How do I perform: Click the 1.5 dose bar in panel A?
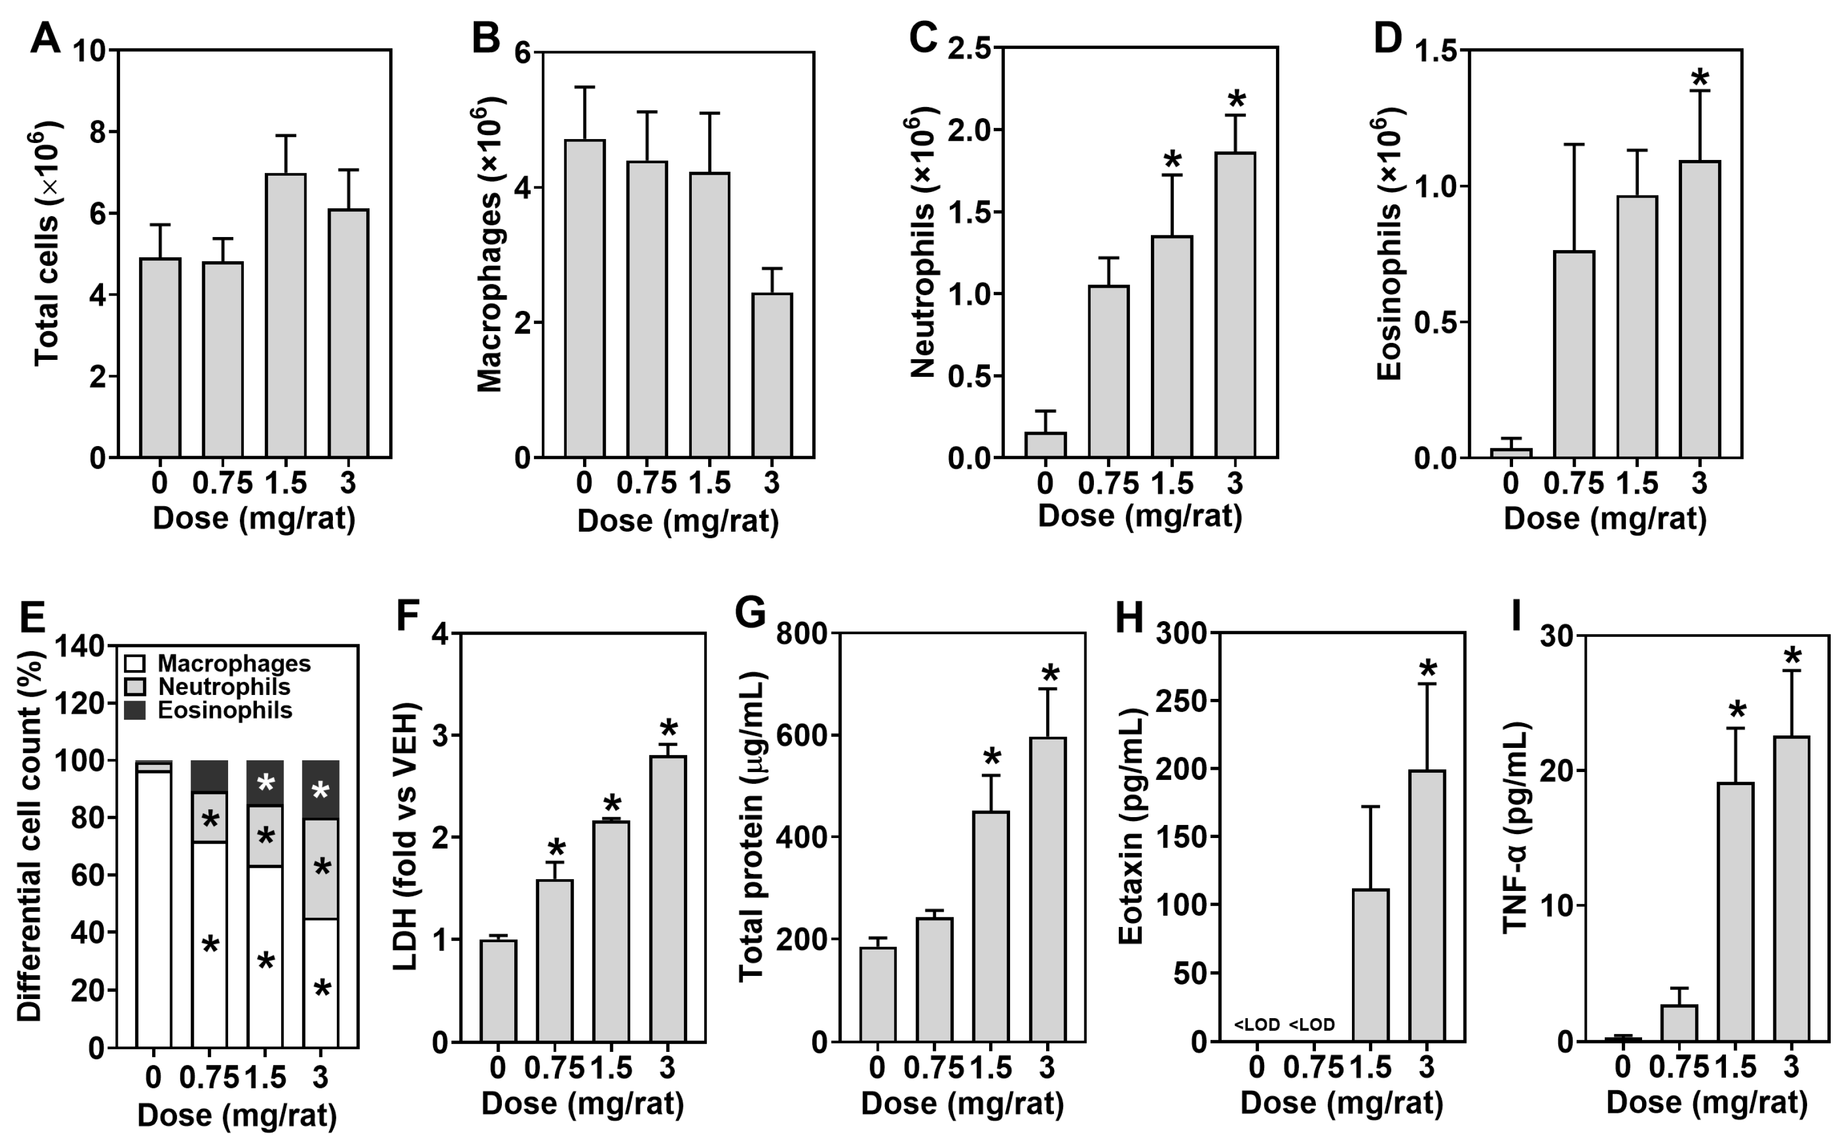285,316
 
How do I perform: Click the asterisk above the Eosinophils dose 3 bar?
1700,78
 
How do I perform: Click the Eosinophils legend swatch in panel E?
135,711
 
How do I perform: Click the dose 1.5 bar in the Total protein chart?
991,926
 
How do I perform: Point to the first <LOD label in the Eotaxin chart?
1256,1024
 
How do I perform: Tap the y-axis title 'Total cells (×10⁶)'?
47,244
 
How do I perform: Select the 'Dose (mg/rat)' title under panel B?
678,520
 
